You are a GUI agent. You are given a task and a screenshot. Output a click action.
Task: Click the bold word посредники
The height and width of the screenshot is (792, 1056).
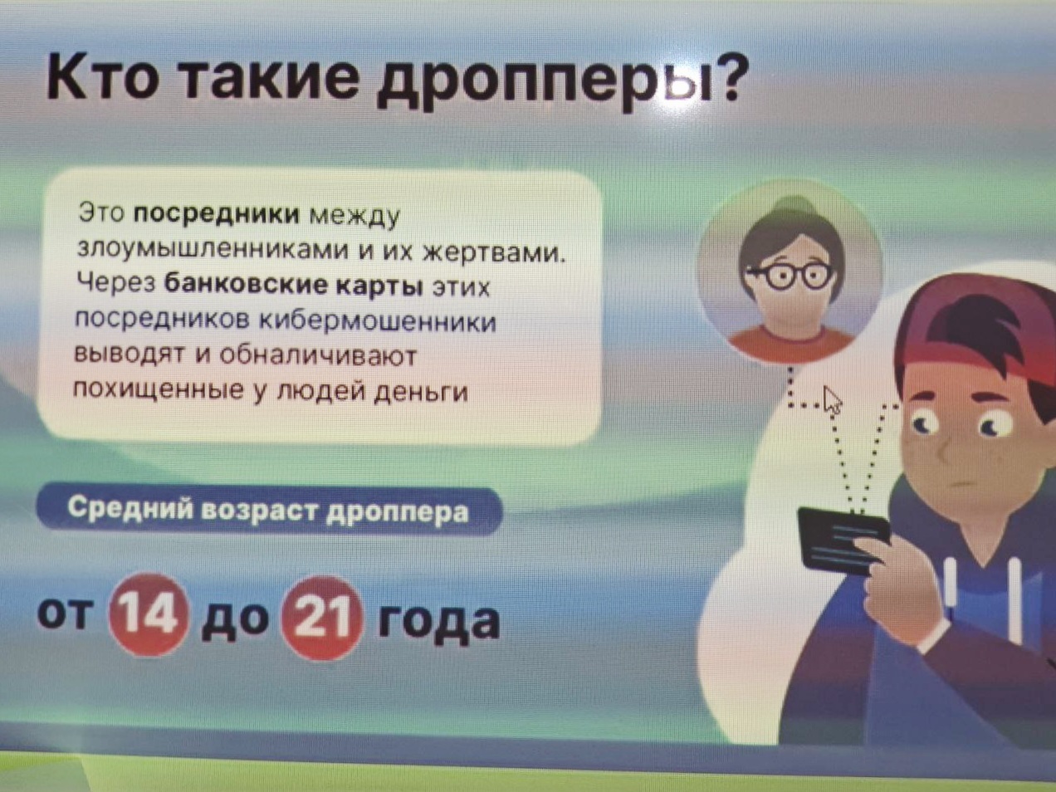(217, 214)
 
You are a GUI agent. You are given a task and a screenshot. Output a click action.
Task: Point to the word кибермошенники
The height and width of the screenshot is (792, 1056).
(378, 321)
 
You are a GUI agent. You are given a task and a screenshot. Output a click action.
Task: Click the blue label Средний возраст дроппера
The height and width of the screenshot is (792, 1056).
(268, 510)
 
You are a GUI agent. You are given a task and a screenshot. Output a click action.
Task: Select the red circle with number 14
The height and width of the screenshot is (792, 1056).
(148, 615)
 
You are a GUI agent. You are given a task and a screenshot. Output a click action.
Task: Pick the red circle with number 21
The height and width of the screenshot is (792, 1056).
(321, 618)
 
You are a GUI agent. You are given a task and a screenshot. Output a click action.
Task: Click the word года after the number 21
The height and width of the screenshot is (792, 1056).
(438, 621)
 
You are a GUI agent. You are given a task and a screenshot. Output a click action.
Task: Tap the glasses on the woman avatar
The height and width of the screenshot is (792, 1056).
(789, 275)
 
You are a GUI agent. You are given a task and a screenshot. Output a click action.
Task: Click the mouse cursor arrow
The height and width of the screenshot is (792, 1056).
(833, 400)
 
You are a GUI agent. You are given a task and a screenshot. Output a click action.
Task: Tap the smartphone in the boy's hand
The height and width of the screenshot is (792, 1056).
(843, 540)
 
